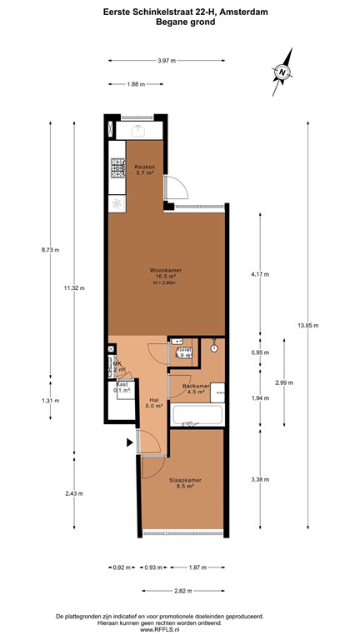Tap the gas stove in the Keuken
(x=117, y=170)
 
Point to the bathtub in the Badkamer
(x=197, y=415)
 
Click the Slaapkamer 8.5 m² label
(x=181, y=483)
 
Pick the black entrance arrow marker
(x=129, y=442)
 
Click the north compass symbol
(x=283, y=72)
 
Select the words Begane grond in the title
(x=180, y=22)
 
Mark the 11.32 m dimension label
(x=74, y=288)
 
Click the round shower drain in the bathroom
(x=214, y=348)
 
